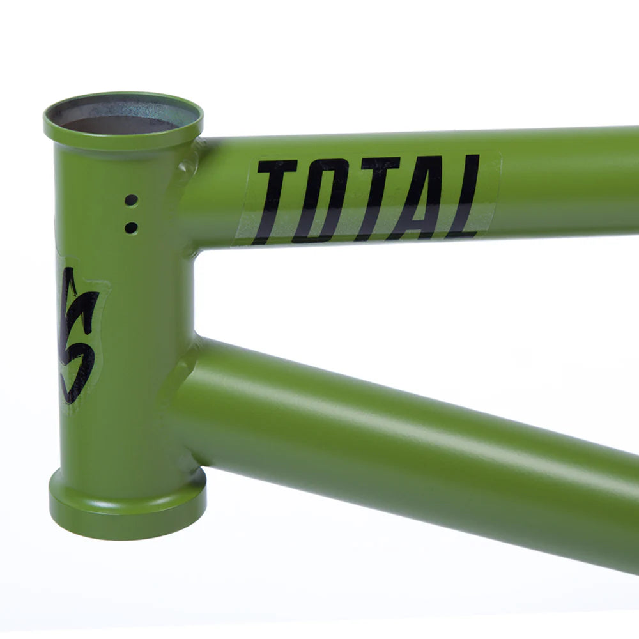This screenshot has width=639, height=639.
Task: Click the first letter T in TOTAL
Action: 272,201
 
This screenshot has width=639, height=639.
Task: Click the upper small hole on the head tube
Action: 131,200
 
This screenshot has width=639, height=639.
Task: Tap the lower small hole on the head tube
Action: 131,227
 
